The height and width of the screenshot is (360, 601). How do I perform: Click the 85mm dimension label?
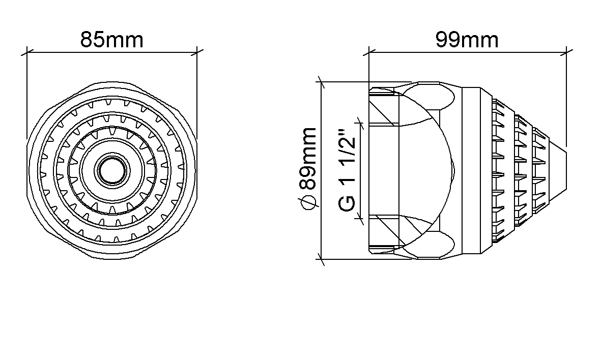[111, 40]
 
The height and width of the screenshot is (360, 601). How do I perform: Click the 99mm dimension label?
[467, 40]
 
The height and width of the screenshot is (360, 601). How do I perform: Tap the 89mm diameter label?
[308, 158]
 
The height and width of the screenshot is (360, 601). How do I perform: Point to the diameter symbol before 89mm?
[308, 202]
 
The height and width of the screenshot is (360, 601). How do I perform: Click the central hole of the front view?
[112, 170]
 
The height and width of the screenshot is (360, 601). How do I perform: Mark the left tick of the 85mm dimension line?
[27, 52]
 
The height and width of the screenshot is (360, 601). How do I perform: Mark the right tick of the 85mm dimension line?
[196, 52]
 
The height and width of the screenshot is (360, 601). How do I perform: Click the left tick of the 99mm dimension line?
[369, 52]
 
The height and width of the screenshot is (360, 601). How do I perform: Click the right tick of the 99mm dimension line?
[566, 52]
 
